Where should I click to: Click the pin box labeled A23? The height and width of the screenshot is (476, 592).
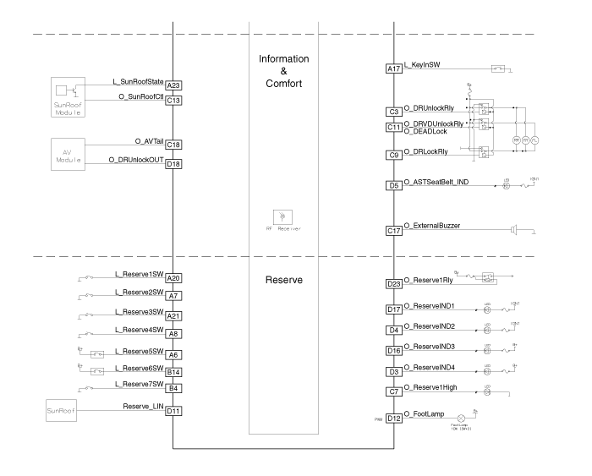tap(174, 85)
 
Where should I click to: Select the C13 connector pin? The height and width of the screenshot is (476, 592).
tap(174, 100)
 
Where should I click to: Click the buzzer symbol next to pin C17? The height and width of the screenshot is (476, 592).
tap(513, 229)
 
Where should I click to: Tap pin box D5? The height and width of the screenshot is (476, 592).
tap(393, 185)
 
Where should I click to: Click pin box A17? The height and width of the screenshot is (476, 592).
tap(393, 69)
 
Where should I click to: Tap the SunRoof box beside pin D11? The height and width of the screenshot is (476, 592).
tap(64, 412)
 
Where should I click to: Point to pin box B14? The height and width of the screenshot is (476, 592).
tap(174, 371)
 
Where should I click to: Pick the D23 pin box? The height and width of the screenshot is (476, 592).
tap(393, 284)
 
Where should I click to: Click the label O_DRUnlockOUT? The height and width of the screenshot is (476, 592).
tap(136, 160)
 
